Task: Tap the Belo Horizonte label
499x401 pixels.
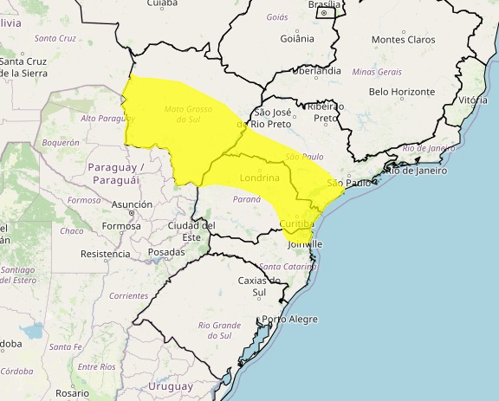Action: pos(401,91)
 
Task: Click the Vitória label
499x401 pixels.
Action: pos(473,100)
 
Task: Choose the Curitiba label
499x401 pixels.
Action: pos(297,224)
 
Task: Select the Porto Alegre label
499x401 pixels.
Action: pos(290,319)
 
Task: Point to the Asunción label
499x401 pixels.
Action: pos(132,205)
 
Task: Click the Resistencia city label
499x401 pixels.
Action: pos(105,254)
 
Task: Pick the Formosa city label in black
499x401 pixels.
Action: pos(120,226)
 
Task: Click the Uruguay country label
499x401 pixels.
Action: pos(170,385)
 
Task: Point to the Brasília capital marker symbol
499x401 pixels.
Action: pos(324,14)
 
